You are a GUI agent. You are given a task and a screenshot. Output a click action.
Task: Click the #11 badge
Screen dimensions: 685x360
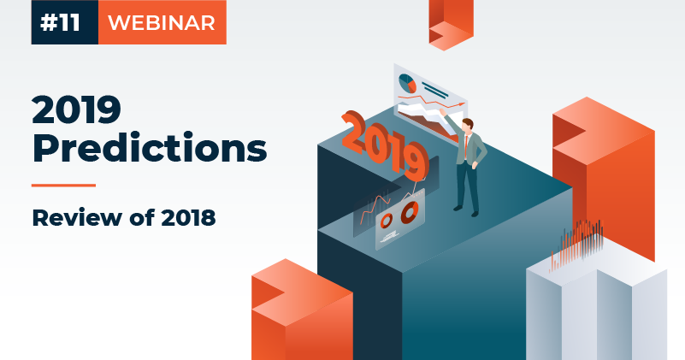pos(65,22)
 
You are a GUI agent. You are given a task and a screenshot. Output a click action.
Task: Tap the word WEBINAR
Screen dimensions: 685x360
pos(162,23)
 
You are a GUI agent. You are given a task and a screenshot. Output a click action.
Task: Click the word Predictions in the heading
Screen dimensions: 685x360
pos(150,147)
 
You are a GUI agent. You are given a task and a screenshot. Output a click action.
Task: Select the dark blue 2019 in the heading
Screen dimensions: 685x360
pos(76,109)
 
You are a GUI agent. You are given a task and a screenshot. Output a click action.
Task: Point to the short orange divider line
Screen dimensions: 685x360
pos(63,186)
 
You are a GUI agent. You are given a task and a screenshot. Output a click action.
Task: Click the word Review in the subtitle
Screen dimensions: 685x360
pos(77,217)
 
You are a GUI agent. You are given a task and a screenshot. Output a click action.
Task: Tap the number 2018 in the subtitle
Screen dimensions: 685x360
pos(188,217)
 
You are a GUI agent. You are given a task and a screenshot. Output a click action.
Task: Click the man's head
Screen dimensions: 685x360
pos(468,125)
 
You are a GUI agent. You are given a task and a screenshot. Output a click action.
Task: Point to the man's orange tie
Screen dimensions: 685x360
pos(467,147)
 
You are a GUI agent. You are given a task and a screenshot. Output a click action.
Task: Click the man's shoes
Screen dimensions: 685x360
pos(466,210)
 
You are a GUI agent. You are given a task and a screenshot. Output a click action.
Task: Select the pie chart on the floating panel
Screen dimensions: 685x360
pos(407,84)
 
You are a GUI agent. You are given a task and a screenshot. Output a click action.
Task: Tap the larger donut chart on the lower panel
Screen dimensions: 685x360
pos(410,212)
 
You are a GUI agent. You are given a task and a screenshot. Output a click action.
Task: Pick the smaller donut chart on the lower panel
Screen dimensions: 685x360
pos(386,221)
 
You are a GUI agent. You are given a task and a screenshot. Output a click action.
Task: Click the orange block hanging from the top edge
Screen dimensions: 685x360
pos(451,24)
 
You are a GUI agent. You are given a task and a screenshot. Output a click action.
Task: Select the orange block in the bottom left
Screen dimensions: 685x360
pos(302,310)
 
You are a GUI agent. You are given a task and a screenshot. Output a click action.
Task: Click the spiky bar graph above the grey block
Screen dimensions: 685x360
pos(576,245)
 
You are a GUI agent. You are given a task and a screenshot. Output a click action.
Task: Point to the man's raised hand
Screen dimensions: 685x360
pos(442,112)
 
